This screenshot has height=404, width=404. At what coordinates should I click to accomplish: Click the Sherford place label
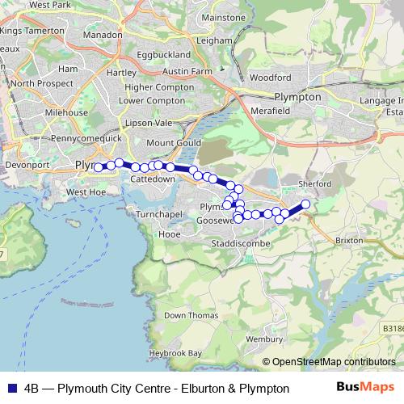click(314, 184)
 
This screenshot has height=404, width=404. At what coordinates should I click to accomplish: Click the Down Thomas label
click(191, 315)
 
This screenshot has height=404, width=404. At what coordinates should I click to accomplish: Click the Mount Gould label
click(173, 142)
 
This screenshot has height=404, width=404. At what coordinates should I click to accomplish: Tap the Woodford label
click(270, 78)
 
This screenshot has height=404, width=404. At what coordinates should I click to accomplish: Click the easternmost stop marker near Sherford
click(306, 204)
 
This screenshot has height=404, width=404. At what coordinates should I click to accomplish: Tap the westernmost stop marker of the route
click(98, 167)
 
